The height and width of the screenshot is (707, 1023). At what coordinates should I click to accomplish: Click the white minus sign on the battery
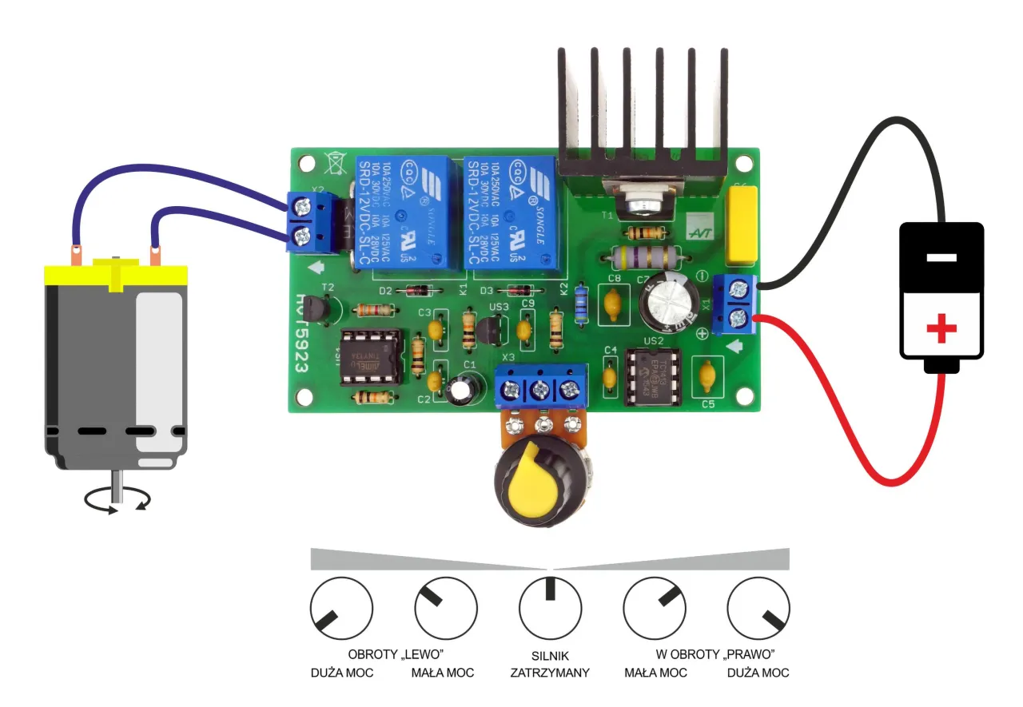pyautogui.click(x=941, y=258)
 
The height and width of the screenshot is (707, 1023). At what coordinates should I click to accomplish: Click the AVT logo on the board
pyautogui.click(x=699, y=229)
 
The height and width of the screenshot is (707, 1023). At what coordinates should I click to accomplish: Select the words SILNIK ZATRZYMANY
pyautogui.click(x=550, y=664)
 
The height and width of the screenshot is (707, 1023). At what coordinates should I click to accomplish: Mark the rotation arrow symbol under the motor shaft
pyautogui.click(x=117, y=499)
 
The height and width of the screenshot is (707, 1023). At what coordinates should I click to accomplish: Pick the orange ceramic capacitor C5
pyautogui.click(x=707, y=373)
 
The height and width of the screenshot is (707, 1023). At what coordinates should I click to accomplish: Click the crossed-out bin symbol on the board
pyautogui.click(x=335, y=163)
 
